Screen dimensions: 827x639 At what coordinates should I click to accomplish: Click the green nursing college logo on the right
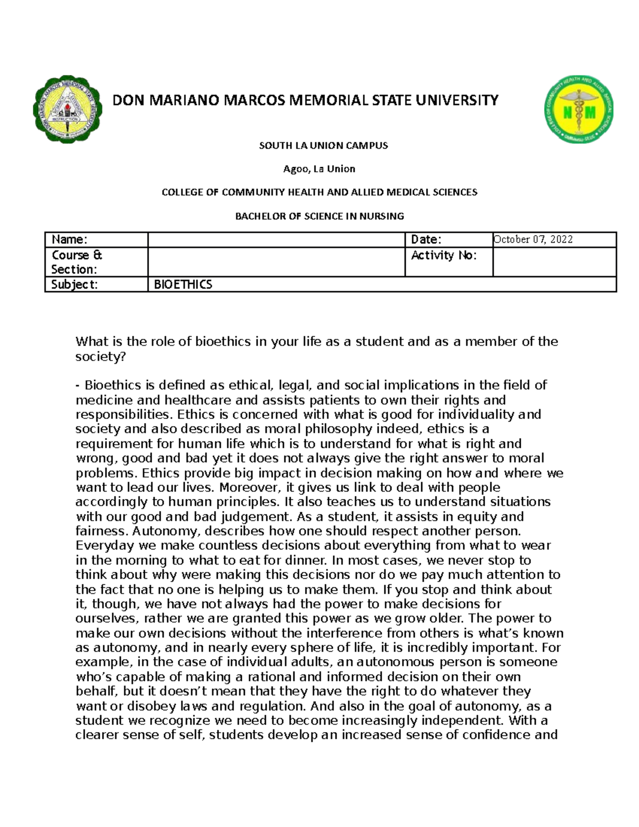(578, 109)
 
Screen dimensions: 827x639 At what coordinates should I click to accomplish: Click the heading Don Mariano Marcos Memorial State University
(305, 100)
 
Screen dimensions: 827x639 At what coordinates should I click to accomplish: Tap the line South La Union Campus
(323, 145)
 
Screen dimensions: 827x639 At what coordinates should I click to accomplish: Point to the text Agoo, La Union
(319, 169)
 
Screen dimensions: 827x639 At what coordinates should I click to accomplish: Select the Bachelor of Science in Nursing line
(319, 216)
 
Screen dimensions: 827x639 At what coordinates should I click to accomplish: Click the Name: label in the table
(69, 240)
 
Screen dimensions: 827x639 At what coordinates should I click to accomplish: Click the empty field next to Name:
(276, 240)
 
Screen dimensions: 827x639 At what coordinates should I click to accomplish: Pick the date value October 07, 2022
(533, 240)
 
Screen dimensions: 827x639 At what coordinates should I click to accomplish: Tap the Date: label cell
(426, 240)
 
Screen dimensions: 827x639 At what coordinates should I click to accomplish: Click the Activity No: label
(444, 256)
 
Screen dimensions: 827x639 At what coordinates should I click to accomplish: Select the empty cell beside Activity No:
(554, 262)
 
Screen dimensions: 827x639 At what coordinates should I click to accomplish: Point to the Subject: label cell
(75, 284)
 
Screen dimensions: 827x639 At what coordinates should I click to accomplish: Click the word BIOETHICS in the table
(183, 284)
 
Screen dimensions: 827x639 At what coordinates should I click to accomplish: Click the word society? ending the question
(101, 357)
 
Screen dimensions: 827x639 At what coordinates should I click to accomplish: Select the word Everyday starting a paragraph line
(105, 546)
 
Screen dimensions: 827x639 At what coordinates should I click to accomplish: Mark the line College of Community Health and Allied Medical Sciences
(319, 192)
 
